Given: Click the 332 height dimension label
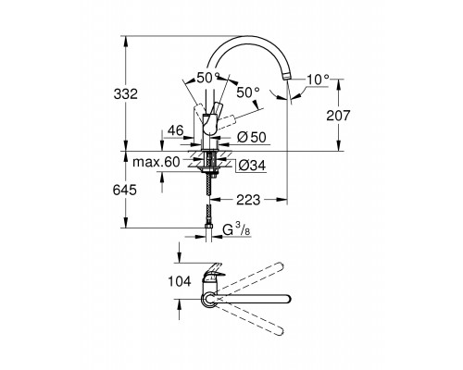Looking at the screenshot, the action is click(125, 94).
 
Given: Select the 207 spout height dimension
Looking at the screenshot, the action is click(338, 116).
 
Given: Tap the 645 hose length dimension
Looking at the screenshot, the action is click(125, 190).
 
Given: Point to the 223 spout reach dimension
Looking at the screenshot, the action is click(248, 200).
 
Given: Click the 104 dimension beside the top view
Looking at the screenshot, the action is click(180, 281).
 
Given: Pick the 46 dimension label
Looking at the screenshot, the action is click(175, 130).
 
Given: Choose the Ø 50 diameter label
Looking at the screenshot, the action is click(252, 137).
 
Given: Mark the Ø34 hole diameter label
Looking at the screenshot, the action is click(253, 166).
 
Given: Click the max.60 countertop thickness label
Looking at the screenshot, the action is click(156, 162).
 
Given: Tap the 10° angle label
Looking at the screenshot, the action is click(318, 80).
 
